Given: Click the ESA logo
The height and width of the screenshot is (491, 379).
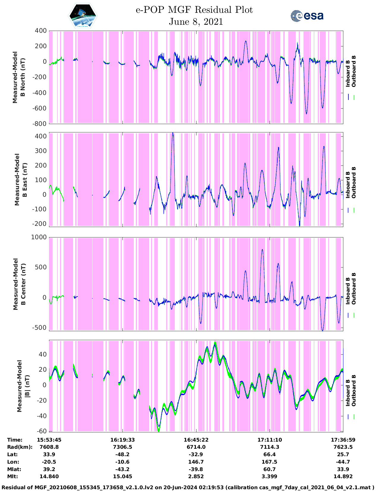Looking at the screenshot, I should [307, 16].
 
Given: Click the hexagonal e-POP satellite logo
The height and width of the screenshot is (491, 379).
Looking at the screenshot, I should [83, 16].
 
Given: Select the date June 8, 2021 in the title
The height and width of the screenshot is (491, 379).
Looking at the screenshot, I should [196, 22].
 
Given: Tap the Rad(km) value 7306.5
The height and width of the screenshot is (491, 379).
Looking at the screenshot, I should [122, 447].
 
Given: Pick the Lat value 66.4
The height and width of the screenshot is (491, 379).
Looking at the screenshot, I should [270, 454].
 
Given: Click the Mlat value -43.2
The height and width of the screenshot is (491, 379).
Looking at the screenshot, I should [122, 469].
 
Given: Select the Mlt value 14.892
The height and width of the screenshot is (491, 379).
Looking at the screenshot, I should [343, 476].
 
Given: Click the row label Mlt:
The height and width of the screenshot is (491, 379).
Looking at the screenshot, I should [12, 476].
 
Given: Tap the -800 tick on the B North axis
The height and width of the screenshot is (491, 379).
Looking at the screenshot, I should [40, 123].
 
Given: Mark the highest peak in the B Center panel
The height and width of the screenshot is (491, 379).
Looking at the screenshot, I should [262, 250].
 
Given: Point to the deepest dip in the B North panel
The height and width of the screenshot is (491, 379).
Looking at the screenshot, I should [306, 113].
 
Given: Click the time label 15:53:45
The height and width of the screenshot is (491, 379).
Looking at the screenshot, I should [49, 440].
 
